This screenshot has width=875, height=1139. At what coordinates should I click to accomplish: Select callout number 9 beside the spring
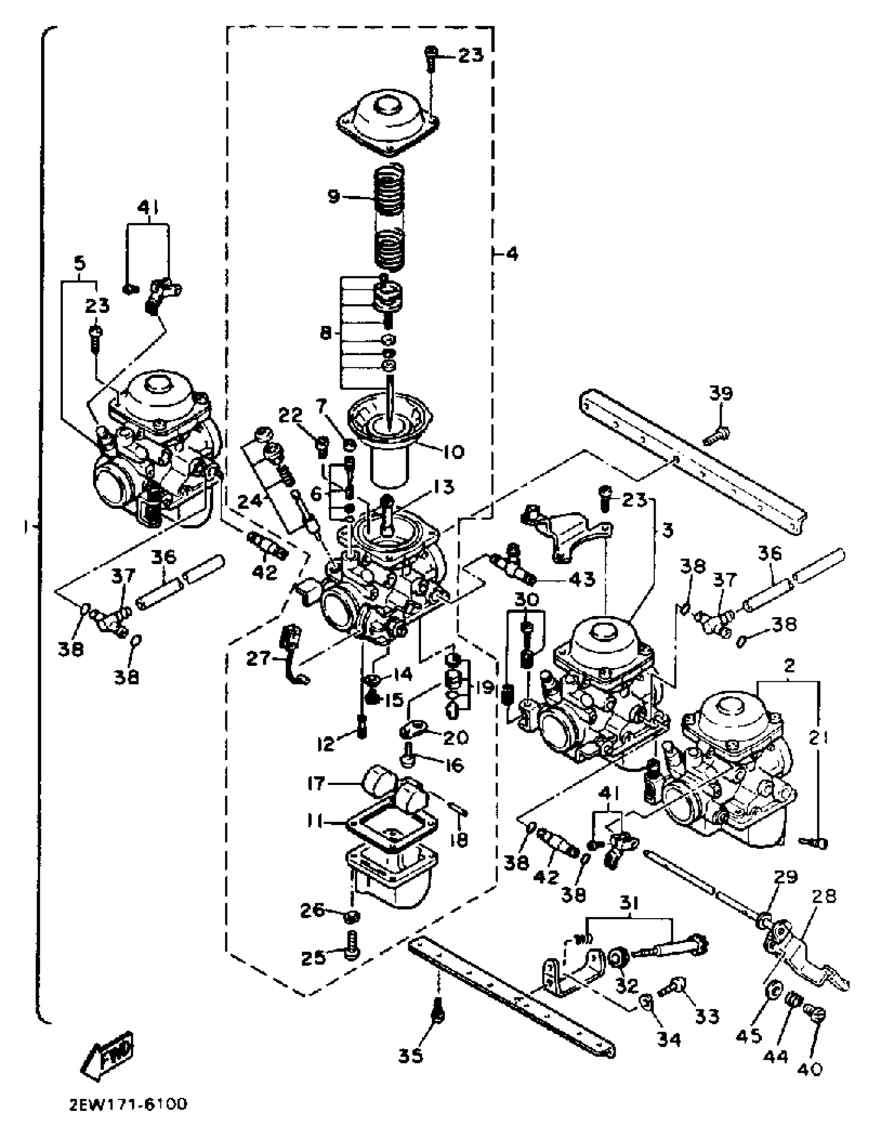click(334, 196)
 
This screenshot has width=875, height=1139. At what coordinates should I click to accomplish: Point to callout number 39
click(721, 393)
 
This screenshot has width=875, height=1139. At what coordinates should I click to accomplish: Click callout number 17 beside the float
click(316, 783)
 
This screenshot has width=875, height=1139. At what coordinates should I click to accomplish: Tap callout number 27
click(259, 659)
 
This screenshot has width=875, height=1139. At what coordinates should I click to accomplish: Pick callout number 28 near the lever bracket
click(823, 896)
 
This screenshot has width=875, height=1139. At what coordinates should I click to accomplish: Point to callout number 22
click(290, 415)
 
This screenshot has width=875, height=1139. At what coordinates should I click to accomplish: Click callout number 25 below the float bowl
click(313, 957)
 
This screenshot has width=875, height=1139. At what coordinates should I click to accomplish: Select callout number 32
click(626, 985)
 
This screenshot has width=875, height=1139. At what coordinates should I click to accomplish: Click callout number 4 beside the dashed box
click(512, 255)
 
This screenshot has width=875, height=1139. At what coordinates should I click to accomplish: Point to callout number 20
click(456, 738)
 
